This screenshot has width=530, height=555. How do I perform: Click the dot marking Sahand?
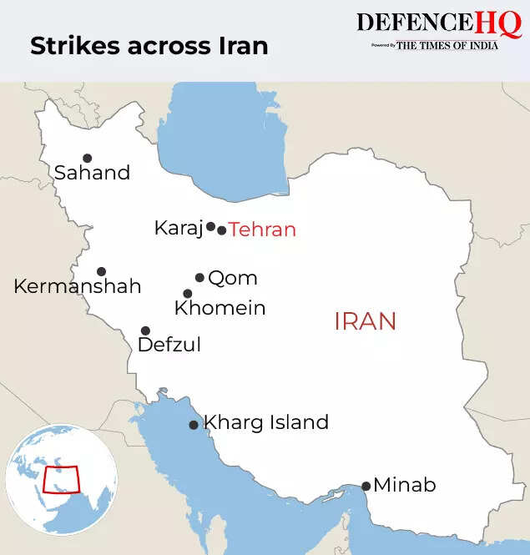coord(87,158)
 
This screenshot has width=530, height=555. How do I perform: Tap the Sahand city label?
coord(93,174)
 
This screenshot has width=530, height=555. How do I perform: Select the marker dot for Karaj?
coord(211,226)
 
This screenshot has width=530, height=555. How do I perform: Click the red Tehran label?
coord(262,230)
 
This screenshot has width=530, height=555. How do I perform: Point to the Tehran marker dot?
coord(222,230)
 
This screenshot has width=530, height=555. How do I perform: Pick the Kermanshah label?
coord(77,286)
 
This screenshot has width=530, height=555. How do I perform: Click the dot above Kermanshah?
coord(101,271)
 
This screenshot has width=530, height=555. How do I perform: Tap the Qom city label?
coord(232,278)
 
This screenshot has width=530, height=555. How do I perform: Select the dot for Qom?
coord(200,278)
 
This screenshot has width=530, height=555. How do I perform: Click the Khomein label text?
coord(220,308)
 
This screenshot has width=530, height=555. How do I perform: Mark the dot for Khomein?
coord(188,294)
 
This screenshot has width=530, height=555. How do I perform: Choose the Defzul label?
coord(169,345)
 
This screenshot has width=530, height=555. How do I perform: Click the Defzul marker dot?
coord(145,331)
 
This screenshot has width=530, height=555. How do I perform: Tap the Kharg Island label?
coord(266,422)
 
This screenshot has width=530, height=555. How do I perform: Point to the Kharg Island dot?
coord(194,425)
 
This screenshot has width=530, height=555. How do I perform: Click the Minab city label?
coord(405,485)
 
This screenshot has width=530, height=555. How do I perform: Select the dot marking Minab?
coord(366,486)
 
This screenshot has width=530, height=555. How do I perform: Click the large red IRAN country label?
coord(365,321)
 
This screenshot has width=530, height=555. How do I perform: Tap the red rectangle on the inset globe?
coord(61,480)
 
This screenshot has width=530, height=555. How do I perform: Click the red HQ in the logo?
coord(499,23)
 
